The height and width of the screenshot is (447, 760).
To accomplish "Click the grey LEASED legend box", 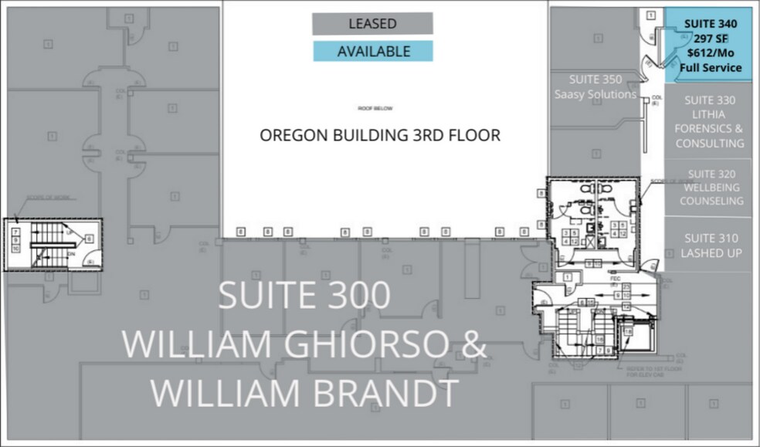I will click(x=372, y=24).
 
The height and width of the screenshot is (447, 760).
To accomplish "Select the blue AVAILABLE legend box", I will click(x=372, y=52).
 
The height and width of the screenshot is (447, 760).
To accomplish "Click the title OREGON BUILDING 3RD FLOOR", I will click(x=379, y=135).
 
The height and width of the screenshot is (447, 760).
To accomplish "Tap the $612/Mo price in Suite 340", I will click(x=710, y=53).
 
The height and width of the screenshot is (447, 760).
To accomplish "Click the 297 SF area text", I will click(x=710, y=39).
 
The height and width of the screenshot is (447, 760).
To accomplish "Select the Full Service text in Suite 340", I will click(x=710, y=68).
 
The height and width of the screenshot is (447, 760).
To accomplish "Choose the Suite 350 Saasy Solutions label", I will click(x=595, y=86).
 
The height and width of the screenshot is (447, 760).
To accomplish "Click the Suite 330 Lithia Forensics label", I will click(x=710, y=121).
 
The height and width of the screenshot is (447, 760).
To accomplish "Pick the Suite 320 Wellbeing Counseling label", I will click(x=710, y=188).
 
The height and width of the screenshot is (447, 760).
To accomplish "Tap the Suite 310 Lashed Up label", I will click(x=710, y=246).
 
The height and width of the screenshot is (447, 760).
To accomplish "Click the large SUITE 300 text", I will click(x=304, y=296).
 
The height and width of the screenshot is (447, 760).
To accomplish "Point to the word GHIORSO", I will click(x=355, y=344).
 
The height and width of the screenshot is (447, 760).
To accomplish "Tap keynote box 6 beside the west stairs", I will click(x=89, y=240).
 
